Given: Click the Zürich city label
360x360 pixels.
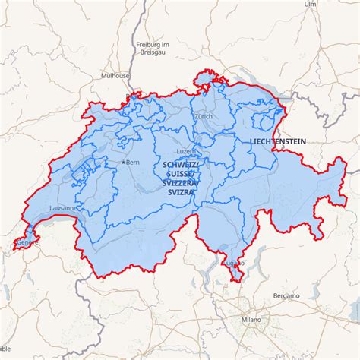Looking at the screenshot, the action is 204,117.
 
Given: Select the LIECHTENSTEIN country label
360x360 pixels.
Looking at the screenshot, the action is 277,142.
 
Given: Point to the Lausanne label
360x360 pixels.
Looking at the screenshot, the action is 63,207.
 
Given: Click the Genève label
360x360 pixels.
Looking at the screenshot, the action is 28,242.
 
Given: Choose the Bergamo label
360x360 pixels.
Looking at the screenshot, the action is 286,295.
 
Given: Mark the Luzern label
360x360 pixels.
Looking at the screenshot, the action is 188,151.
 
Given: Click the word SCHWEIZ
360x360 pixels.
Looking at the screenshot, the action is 181,165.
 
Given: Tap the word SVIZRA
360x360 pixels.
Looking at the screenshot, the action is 181,193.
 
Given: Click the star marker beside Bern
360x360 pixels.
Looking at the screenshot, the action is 124,163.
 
